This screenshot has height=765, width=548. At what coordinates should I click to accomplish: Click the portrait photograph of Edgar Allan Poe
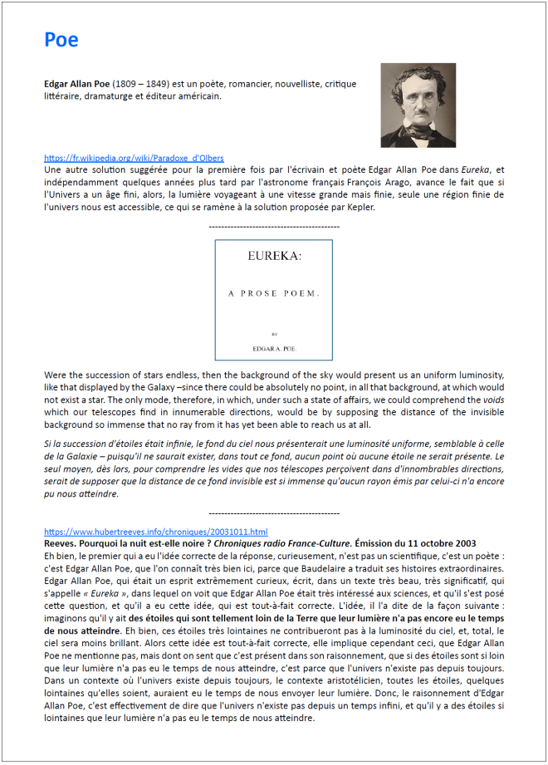point(418,105)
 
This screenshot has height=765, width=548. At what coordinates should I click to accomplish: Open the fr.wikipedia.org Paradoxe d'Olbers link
point(134,158)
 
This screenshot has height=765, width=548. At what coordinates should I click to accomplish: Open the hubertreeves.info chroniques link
point(155,532)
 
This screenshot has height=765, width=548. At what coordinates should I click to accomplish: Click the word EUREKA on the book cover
point(274,257)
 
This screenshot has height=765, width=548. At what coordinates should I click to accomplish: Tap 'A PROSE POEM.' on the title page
point(274,294)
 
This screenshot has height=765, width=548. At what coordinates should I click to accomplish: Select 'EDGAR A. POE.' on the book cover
point(274,348)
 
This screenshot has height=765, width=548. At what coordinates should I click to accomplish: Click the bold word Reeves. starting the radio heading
point(61,542)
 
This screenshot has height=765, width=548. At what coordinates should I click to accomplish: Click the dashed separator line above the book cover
point(274,227)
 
